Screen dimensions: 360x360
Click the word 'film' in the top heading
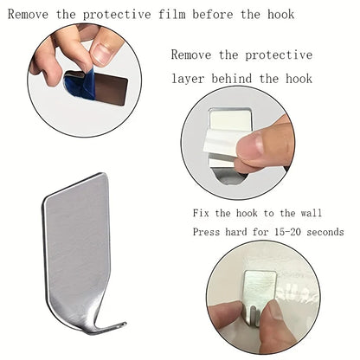(166, 14)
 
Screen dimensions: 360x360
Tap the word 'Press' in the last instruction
(208, 232)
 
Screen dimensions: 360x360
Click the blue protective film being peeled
(77, 82)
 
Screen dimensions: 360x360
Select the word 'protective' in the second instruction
(279, 54)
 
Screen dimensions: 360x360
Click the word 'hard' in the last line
(241, 232)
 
